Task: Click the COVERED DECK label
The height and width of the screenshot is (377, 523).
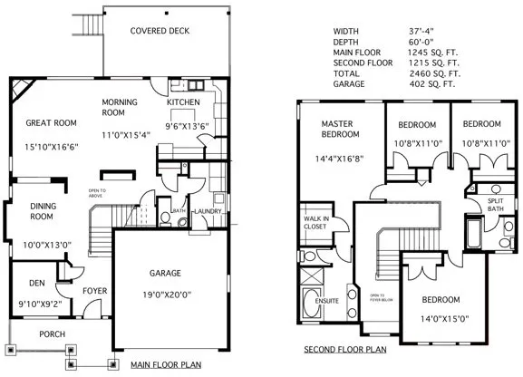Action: tap(160, 31)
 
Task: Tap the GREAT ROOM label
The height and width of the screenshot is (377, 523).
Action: tap(51, 123)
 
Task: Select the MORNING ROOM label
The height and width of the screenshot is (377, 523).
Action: tap(119, 107)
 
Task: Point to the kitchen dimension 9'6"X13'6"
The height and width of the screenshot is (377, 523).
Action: tap(187, 126)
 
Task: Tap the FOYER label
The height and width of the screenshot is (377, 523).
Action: tap(95, 291)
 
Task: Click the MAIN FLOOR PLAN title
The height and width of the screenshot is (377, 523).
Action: tap(167, 365)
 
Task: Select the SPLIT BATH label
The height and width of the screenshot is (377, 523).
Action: tap(495, 205)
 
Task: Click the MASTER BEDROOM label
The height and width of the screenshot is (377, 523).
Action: tap(341, 129)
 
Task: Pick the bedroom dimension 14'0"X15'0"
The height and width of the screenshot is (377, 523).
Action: tap(439, 318)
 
